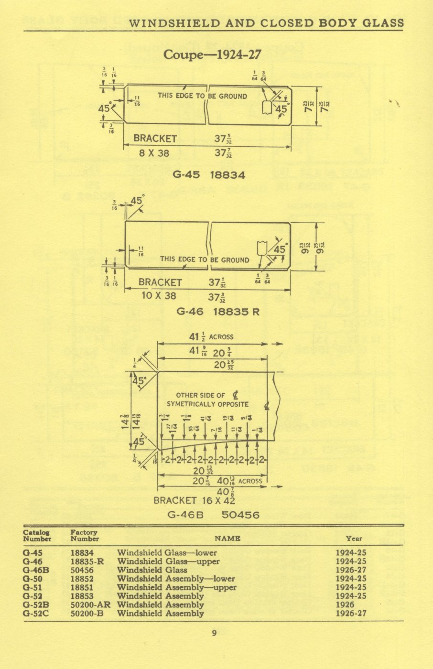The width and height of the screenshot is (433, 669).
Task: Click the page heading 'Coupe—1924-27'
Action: coord(212,54)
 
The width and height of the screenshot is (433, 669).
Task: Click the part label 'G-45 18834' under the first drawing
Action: coord(209,175)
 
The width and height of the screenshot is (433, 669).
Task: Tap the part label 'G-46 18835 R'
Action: coord(218,312)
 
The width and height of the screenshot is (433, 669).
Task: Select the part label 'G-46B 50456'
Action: coord(213,515)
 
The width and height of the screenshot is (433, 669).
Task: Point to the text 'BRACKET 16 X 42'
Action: coord(194,500)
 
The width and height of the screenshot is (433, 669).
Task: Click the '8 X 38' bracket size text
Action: coord(154,153)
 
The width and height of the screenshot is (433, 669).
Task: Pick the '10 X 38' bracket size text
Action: coord(159,296)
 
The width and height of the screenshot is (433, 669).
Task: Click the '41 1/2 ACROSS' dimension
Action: coord(211,337)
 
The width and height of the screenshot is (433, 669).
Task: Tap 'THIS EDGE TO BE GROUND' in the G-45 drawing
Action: coord(202,96)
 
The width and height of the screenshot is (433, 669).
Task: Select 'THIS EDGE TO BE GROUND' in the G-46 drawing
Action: coord(205,259)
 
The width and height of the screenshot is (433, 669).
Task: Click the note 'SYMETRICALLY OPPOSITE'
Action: coord(208,404)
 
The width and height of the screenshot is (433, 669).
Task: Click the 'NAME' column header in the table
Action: coord(227,538)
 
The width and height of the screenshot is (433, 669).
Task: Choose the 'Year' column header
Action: coord(354,538)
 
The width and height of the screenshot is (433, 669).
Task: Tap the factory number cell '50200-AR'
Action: coord(90,604)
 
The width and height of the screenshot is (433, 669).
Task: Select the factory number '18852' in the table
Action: coord(82,579)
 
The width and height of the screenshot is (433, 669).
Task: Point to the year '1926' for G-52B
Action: coord(345,604)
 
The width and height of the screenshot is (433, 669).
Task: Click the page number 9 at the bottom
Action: coord(214,633)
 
